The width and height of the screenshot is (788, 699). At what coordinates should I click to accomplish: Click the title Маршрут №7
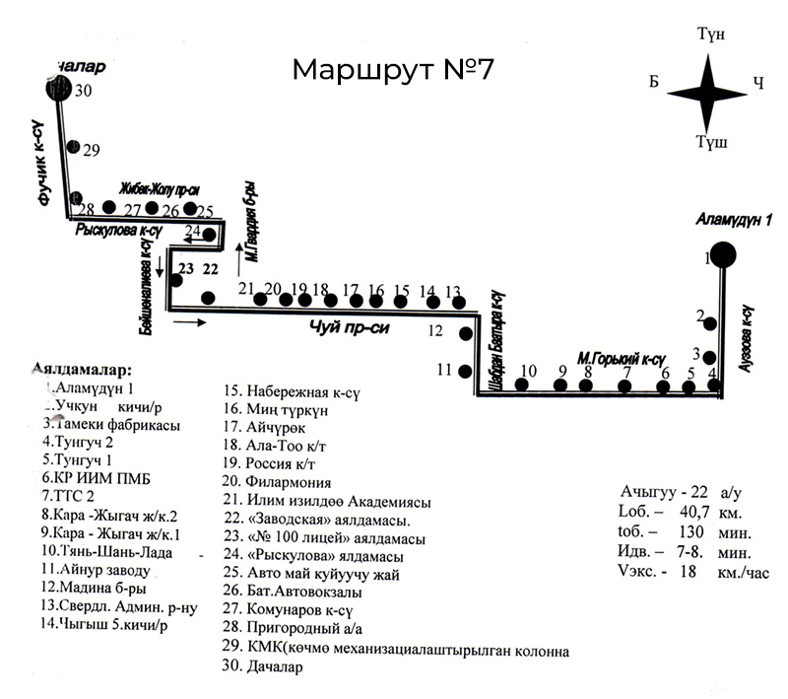pyautogui.click(x=393, y=71)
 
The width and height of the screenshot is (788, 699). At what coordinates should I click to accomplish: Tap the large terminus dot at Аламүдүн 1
pyautogui.click(x=724, y=255)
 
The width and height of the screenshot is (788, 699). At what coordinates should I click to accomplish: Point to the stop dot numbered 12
pyautogui.click(x=466, y=333)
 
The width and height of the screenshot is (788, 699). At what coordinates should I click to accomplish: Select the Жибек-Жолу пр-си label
pyautogui.click(x=160, y=188)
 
